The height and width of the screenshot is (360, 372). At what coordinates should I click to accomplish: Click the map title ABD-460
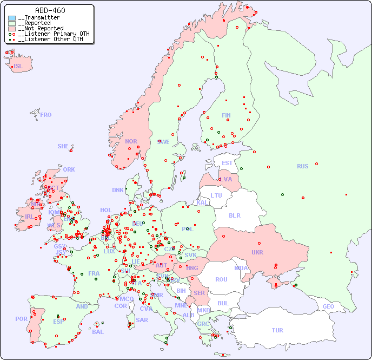[50, 10]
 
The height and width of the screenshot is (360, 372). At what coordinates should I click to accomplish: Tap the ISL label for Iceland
[18, 67]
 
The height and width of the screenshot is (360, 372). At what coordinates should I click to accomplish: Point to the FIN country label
[226, 115]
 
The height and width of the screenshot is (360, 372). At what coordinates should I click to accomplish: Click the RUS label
[302, 166]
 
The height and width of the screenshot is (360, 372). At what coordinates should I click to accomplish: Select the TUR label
[277, 330]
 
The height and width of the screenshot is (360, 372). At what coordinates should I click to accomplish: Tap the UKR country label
[257, 252]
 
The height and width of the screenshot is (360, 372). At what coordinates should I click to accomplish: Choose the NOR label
[131, 141]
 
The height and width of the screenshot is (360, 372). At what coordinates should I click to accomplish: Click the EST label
[227, 163]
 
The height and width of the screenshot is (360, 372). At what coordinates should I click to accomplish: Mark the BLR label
[235, 215]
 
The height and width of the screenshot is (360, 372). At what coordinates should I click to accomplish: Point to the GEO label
[328, 306]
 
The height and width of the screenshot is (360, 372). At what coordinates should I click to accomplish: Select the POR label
[21, 319]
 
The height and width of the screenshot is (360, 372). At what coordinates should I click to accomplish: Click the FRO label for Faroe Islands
[46, 115]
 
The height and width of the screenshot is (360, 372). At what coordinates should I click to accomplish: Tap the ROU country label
[221, 279]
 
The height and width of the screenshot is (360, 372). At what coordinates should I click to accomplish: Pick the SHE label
[63, 146]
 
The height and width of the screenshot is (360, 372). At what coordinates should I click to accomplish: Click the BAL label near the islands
[97, 332]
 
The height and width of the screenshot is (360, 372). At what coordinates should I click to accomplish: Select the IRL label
[29, 216]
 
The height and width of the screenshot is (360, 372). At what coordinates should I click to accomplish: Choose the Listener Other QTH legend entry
[51, 39]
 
